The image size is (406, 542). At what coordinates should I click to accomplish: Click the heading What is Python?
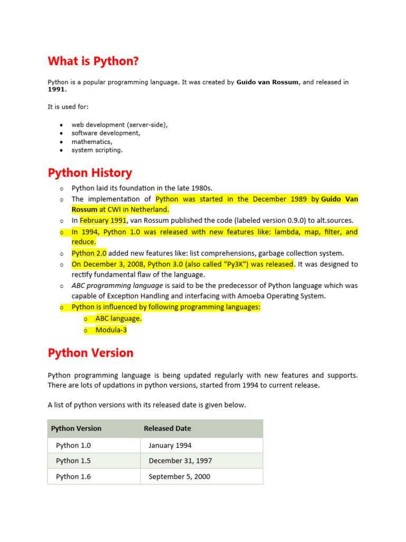[93, 61]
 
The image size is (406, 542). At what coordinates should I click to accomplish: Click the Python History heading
[90, 173]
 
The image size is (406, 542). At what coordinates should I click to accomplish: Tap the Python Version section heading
[90, 353]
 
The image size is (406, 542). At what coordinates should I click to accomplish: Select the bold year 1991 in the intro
[56, 90]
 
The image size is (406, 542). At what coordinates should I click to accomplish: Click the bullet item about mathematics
[92, 142]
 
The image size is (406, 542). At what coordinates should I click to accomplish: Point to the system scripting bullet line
[97, 150]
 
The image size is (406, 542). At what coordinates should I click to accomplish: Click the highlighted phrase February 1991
[103, 220]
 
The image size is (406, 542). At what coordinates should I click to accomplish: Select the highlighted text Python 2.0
[89, 253]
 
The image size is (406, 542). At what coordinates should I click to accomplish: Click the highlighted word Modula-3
[111, 330]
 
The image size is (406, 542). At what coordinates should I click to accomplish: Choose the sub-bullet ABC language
[118, 319]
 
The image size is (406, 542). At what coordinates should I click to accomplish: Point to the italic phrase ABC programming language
[117, 285]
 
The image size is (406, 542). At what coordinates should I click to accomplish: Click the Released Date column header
[168, 428]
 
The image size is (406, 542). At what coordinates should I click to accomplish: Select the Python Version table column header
[76, 428]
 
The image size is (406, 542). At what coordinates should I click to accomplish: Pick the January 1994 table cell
[170, 445]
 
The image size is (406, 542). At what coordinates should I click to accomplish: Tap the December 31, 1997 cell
[180, 461]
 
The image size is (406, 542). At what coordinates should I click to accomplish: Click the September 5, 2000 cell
[179, 476]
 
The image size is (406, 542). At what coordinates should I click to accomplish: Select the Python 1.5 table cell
[73, 461]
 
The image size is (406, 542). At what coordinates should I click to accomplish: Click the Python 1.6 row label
[73, 476]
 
